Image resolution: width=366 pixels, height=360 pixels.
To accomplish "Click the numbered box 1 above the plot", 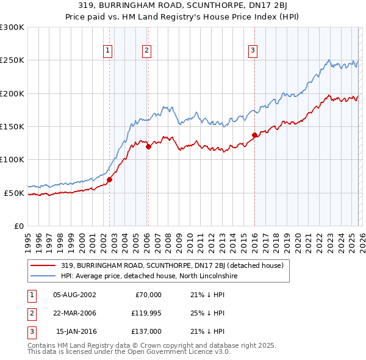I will pyautogui.click(x=107, y=51).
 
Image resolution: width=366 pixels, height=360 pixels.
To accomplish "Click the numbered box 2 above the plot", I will pyautogui.click(x=147, y=51).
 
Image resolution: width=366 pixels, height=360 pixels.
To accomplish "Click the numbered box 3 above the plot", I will pyautogui.click(x=253, y=51).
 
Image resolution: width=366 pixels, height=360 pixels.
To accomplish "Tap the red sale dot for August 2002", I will pyautogui.click(x=110, y=180).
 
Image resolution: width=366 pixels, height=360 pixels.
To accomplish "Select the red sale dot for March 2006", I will pyautogui.click(x=148, y=146).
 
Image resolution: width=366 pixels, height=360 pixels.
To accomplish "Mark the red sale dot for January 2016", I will pyautogui.click(x=254, y=135).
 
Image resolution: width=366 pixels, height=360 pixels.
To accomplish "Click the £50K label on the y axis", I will pyautogui.click(x=14, y=193).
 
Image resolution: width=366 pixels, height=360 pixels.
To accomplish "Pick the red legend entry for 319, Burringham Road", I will pyautogui.click(x=172, y=265).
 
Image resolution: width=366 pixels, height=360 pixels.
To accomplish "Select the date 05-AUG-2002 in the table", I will pyautogui.click(x=74, y=294).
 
